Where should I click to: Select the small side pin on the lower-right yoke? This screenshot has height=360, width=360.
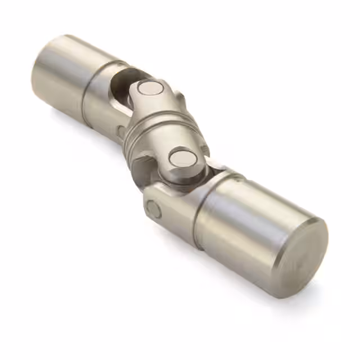[x=153, y=210]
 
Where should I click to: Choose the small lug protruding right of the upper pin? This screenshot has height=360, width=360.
[x=180, y=98]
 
